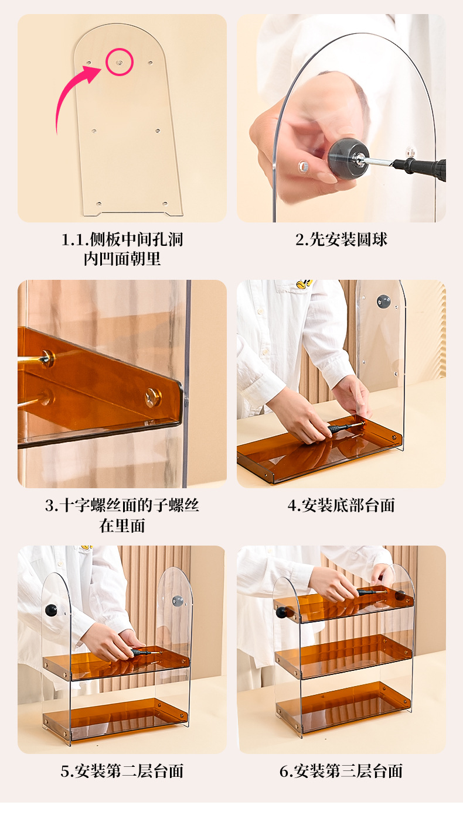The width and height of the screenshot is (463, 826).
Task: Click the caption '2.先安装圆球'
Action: click(x=341, y=239)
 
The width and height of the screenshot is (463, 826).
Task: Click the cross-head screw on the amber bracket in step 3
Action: click(x=153, y=397)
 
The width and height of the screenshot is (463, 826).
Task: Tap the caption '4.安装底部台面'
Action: click(x=341, y=506)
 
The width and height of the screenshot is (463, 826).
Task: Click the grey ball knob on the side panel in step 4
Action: click(x=384, y=301)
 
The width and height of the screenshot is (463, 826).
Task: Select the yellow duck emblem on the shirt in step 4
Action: click(x=304, y=283)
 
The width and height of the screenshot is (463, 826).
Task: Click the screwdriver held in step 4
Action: click(x=345, y=427)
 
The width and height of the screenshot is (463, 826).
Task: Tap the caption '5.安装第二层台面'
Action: click(x=122, y=771)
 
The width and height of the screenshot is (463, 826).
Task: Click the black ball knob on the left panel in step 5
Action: click(x=51, y=611)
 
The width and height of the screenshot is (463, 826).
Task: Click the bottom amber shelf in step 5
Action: click(x=115, y=717)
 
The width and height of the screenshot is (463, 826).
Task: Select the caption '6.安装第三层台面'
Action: click(x=341, y=771)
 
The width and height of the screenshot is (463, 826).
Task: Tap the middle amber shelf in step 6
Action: click(x=343, y=656)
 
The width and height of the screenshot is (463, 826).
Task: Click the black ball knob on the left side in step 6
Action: click(x=282, y=612)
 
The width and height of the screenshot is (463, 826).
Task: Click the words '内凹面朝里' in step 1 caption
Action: click(x=122, y=259)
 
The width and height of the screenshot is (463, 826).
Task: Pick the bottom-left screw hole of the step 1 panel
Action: click(x=99, y=203)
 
